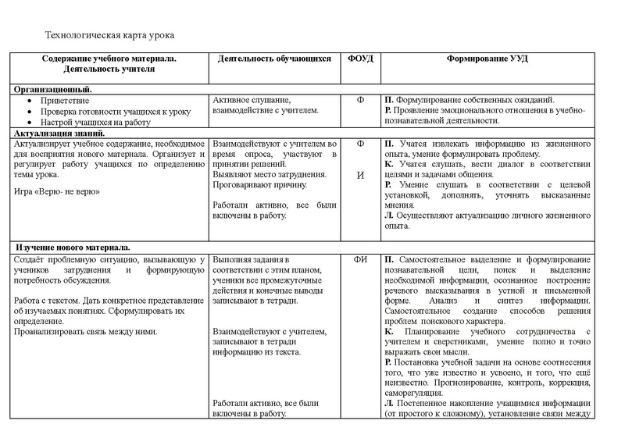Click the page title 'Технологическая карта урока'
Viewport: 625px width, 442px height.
point(109,36)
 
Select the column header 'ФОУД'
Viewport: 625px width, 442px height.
point(360,59)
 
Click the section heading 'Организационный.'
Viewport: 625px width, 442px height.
point(54,90)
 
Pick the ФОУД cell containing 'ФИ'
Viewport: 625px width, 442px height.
point(360,259)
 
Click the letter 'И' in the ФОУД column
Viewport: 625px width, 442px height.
point(360,175)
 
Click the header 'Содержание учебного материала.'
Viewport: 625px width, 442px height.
point(109,59)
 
